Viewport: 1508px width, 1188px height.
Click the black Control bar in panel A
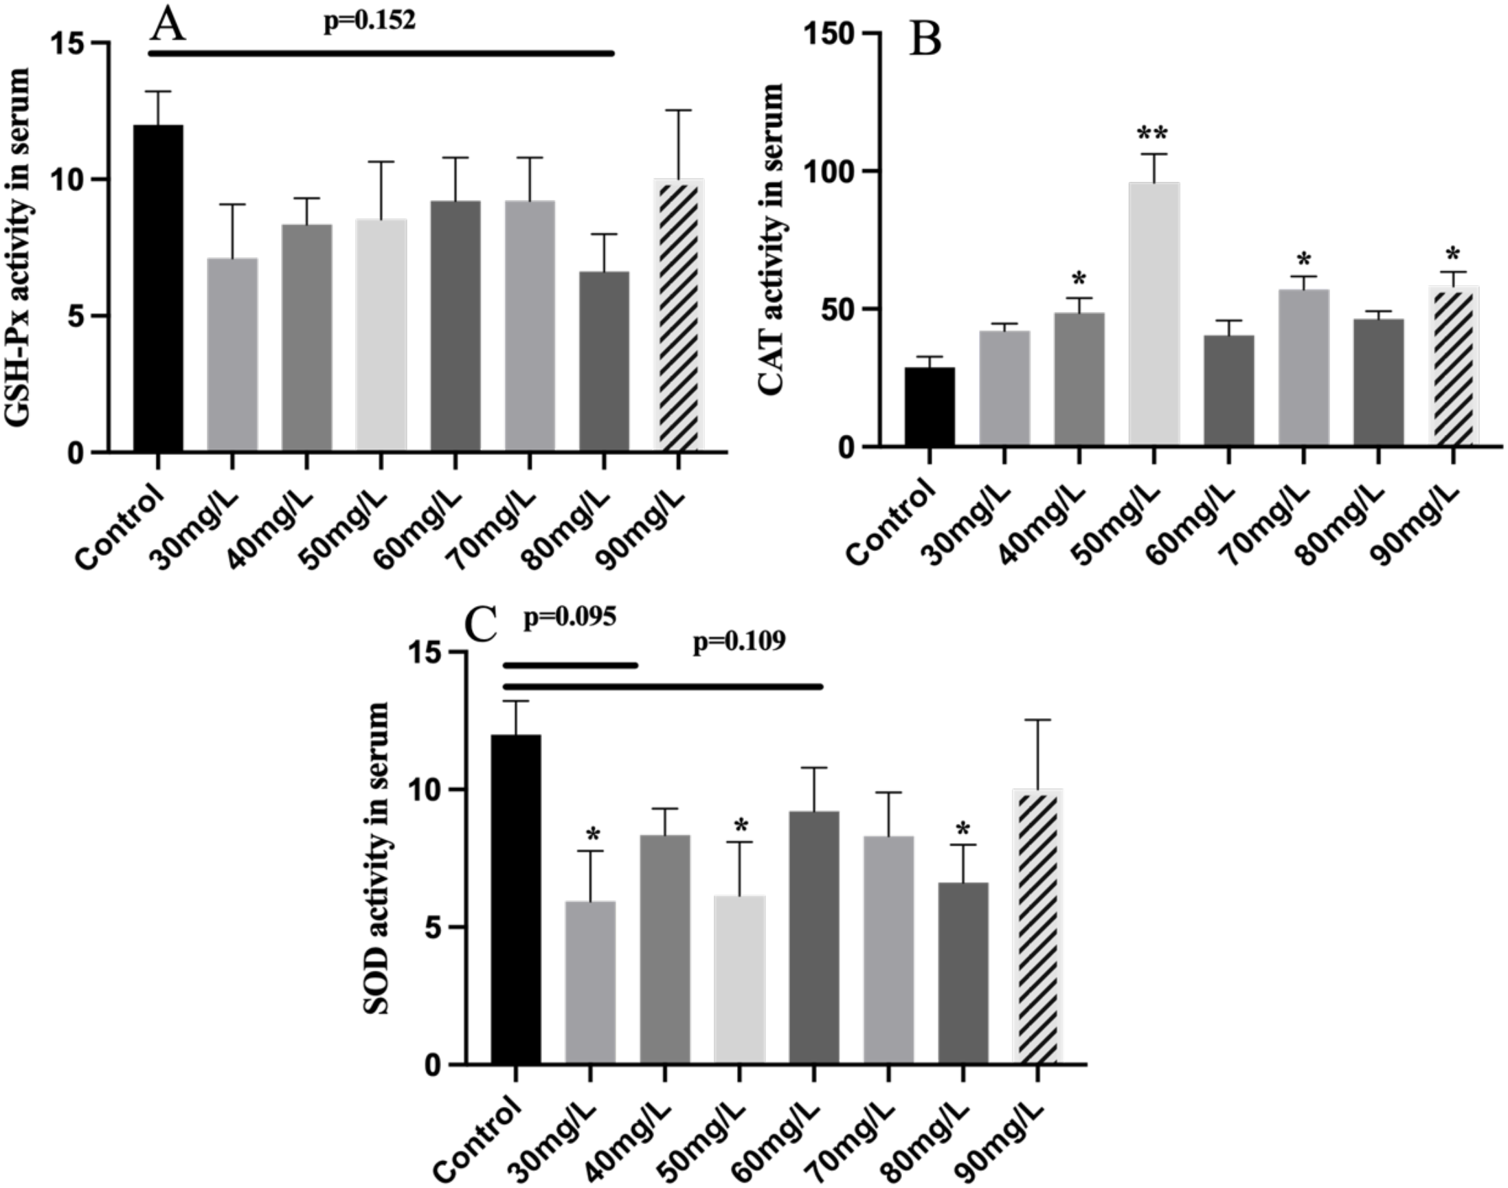(x=159, y=289)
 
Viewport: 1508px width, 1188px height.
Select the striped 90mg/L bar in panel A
(x=678, y=317)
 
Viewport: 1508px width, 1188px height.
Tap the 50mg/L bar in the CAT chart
(x=1153, y=313)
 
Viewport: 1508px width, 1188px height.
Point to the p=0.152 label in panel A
(x=370, y=21)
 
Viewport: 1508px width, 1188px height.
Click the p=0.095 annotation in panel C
(x=569, y=618)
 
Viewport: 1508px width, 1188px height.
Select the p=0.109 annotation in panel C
(x=739, y=642)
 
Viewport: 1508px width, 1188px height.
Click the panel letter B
(x=925, y=41)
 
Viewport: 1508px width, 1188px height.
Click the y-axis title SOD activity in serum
(x=378, y=859)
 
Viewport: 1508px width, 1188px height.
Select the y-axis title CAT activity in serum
(x=772, y=240)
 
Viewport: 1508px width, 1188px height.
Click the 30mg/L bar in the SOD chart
(x=590, y=982)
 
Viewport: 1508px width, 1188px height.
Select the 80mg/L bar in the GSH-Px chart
(x=604, y=361)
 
